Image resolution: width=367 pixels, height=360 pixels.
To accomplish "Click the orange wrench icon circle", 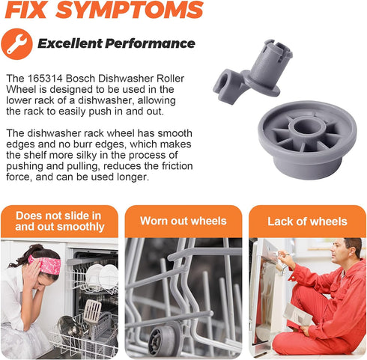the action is [16, 44].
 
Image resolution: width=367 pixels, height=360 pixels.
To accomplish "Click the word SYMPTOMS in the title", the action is [130, 10].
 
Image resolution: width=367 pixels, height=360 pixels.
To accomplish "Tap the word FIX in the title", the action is [25, 10].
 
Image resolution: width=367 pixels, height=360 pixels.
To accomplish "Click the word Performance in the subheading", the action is [150, 43].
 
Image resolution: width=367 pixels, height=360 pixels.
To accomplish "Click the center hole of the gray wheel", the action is [307, 126].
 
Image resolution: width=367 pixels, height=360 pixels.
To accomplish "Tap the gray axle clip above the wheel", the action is [252, 71].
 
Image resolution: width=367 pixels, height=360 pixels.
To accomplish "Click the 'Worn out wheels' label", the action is [183, 221].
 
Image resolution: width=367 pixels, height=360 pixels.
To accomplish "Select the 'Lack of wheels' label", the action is [307, 222].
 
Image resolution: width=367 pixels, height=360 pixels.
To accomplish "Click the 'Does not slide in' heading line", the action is [58, 216].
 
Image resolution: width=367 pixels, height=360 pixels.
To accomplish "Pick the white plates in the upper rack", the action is [102, 275].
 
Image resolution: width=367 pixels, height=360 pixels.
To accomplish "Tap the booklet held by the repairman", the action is [297, 314].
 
